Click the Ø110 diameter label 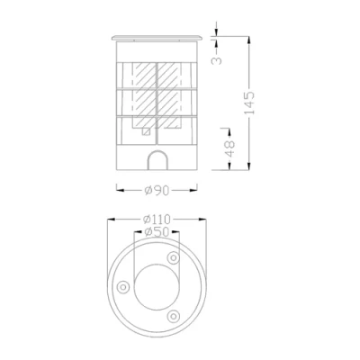point(158,219)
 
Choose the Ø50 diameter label point(158,232)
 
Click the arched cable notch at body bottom point(157,162)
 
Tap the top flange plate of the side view point(157,39)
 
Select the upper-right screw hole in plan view point(175,258)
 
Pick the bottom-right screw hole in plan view point(173,314)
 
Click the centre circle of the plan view point(157,286)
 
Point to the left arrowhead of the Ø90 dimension point(119,189)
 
